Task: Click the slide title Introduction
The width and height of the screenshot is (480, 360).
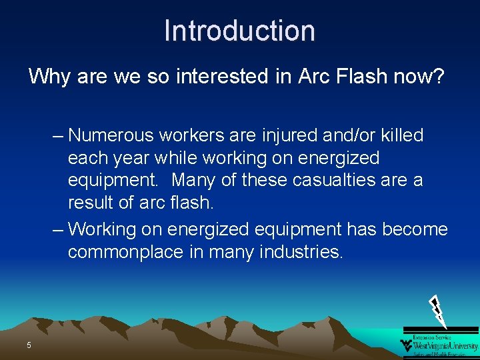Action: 239,31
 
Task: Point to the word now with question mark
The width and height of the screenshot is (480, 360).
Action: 423,76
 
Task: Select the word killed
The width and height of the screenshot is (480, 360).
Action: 401,135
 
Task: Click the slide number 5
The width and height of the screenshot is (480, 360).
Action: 29,345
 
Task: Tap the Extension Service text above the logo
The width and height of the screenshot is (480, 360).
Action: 432,337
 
